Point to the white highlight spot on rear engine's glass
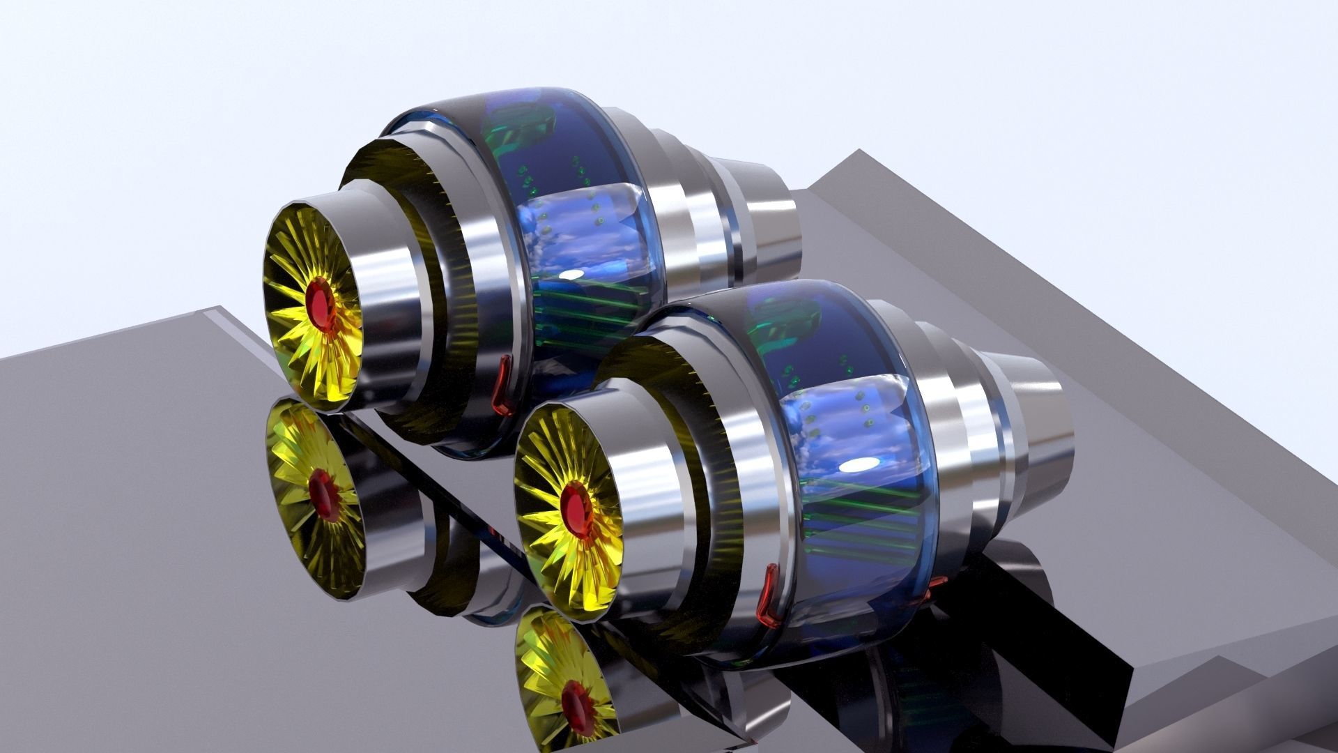[x=571, y=274]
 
